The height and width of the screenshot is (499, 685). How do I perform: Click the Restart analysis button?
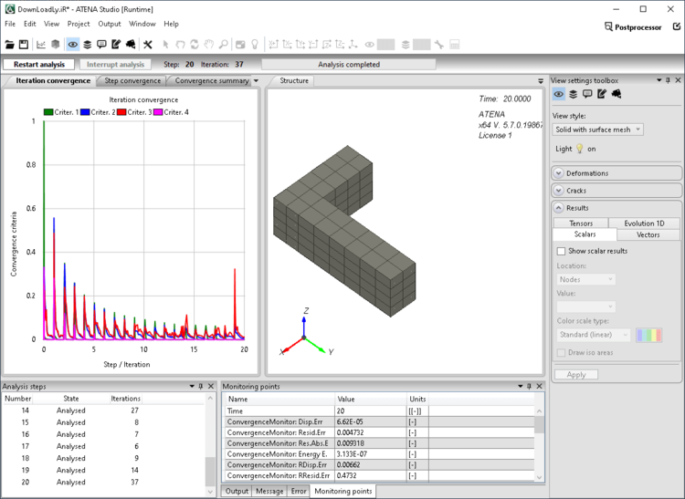tap(39, 65)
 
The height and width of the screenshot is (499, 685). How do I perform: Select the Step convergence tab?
tap(132, 80)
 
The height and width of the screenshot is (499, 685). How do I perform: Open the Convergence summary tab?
tap(212, 80)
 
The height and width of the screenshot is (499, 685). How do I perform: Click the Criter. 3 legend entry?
tap(133, 112)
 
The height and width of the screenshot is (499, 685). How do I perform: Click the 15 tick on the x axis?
tap(195, 349)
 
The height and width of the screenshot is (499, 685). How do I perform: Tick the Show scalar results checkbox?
tap(561, 251)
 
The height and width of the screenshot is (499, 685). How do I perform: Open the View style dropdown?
tap(598, 130)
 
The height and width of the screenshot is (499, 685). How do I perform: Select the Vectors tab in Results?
tap(648, 234)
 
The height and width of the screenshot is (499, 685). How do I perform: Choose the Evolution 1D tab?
tap(644, 223)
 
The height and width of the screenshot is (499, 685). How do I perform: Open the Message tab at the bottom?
tap(269, 491)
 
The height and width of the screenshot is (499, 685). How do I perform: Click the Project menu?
tap(79, 24)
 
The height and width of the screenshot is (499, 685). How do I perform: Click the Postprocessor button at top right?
tap(638, 26)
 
